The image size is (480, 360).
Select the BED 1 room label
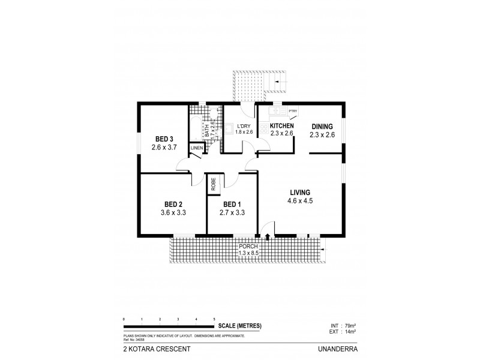(232, 203)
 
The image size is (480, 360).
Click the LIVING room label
(299, 192)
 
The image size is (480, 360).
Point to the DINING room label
(322, 126)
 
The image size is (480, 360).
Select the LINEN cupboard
(196, 148)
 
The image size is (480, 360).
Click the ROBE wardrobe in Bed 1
(213, 184)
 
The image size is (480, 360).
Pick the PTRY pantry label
(293, 111)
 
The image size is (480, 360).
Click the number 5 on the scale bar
(214, 319)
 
